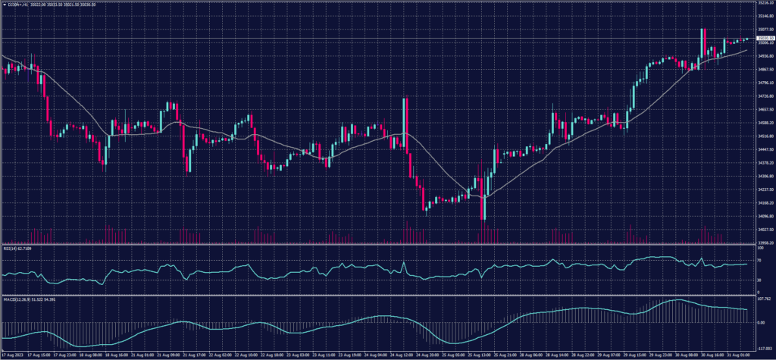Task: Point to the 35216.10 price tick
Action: [x=762, y=3]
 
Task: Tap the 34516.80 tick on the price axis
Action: [x=762, y=136]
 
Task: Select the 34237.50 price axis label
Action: [x=762, y=189]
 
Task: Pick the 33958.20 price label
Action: [x=762, y=243]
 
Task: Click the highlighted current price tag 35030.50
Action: [x=762, y=38]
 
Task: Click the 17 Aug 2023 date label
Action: [x=16, y=354]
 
